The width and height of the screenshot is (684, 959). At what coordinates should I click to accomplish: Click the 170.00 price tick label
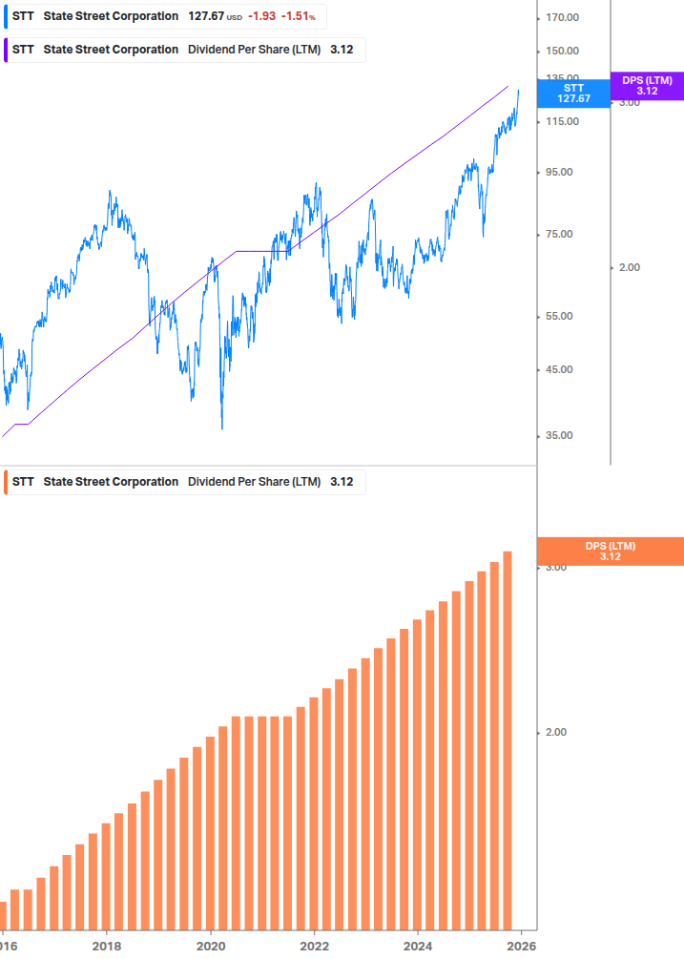pos(564,17)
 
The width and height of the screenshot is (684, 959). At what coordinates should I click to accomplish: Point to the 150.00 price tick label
pos(564,52)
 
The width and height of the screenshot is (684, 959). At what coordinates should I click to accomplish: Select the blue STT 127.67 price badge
pos(573,93)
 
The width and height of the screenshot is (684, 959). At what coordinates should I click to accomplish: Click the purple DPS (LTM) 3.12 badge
pos(646,85)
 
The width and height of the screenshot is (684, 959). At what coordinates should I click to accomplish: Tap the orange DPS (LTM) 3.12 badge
pos(610,551)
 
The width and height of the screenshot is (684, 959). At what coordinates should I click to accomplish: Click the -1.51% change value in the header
pos(299,16)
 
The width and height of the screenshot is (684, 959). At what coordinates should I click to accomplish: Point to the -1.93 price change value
pos(262,16)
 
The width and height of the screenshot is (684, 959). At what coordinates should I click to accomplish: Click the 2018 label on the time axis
pos(107,946)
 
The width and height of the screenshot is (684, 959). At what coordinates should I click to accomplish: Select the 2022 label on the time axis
pos(314,946)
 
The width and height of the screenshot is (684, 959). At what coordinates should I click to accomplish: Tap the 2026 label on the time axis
pos(520,946)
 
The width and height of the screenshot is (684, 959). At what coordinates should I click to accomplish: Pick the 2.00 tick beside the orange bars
pos(554,733)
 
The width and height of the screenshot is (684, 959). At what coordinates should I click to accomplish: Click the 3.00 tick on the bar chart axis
pos(554,568)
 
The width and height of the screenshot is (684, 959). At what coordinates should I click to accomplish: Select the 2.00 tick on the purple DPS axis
pos(629,268)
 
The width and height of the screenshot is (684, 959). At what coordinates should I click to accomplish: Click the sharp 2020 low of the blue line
pos(222,427)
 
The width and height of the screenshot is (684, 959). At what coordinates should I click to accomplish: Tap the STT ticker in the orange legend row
pos(23,482)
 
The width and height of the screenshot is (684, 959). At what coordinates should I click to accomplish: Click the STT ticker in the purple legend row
pos(23,50)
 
